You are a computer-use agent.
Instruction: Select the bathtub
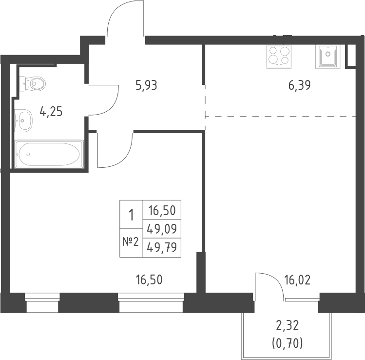coord(49,154)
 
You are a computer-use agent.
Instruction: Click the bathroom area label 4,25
coord(51,112)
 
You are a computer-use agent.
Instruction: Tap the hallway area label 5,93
coord(146,86)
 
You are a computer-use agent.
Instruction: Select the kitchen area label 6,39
coord(299,86)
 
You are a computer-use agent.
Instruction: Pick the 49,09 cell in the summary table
coord(161,228)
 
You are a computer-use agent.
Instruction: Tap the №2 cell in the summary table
coord(131,242)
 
